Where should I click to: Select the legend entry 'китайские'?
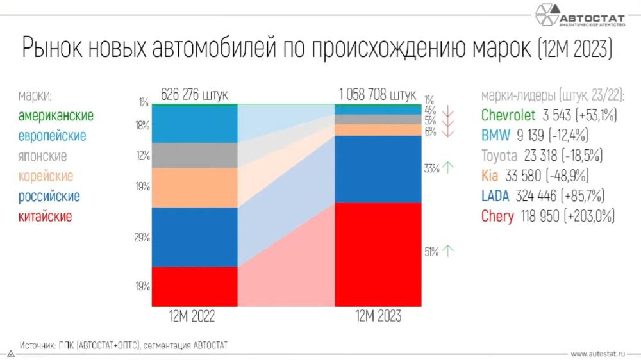tap(45, 217)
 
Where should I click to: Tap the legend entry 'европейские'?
tap(52, 136)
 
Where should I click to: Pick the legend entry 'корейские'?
tap(46, 176)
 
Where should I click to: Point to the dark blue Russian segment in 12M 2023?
tap(378, 168)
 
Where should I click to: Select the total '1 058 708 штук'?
tap(378, 95)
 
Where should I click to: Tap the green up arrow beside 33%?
tap(448, 168)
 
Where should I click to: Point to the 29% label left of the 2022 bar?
tap(142, 238)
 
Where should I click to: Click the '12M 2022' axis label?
tap(192, 316)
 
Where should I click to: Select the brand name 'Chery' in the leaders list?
tap(497, 217)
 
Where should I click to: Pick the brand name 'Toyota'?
tap(499, 156)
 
